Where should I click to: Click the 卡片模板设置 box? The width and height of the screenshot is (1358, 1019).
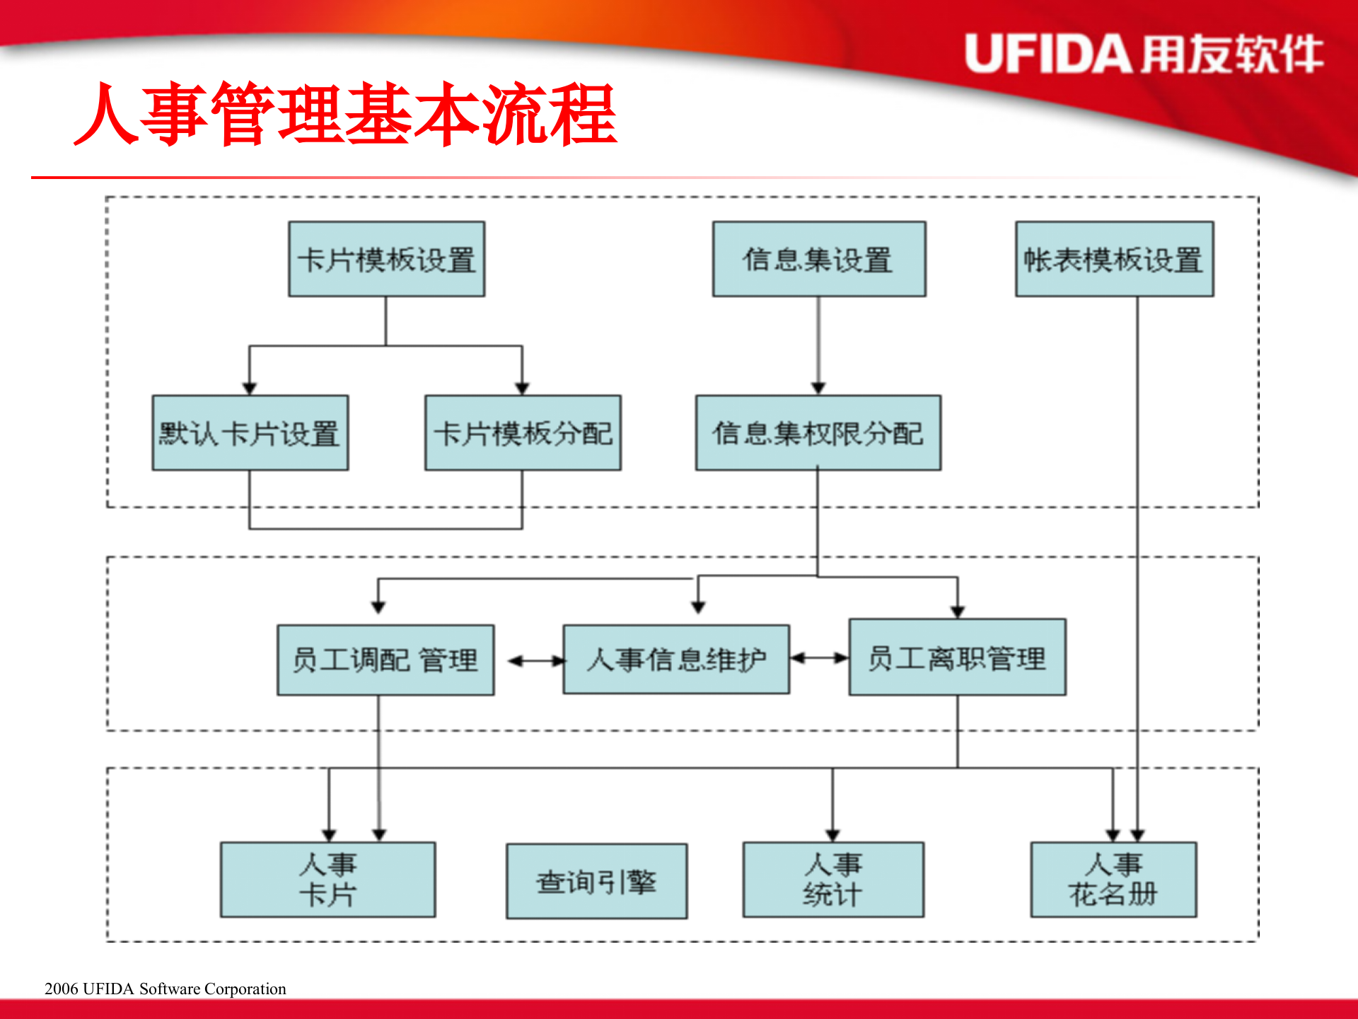[x=386, y=259]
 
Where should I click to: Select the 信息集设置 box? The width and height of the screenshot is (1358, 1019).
[x=818, y=259]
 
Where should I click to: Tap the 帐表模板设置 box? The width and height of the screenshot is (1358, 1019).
[x=1114, y=259]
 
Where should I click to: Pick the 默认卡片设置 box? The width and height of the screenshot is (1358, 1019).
[x=250, y=433]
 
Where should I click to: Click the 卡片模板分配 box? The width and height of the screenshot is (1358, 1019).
[x=523, y=433]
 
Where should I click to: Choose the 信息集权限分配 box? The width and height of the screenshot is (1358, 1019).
[x=818, y=433]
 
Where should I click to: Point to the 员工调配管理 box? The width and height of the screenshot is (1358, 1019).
[x=385, y=660]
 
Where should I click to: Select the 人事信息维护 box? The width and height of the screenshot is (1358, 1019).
[x=676, y=660]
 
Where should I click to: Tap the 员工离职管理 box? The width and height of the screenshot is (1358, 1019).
[x=957, y=658]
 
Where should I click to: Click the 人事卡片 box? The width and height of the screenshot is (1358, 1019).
[x=327, y=880]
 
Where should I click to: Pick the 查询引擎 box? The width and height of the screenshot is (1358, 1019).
[x=596, y=882]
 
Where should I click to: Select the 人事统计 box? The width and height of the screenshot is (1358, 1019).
[x=832, y=880]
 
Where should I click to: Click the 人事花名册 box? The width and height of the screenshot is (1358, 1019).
[x=1113, y=880]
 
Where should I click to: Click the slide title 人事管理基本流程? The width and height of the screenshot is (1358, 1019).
[x=346, y=115]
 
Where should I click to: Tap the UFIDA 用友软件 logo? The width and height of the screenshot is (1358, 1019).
[x=1144, y=54]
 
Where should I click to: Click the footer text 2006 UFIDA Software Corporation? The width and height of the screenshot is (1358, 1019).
[x=166, y=989]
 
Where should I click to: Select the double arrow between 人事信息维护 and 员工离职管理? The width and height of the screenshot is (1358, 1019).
[x=819, y=658]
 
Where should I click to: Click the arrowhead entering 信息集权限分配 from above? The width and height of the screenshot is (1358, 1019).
[x=818, y=388]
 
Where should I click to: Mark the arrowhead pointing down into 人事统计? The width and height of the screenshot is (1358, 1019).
[x=832, y=835]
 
